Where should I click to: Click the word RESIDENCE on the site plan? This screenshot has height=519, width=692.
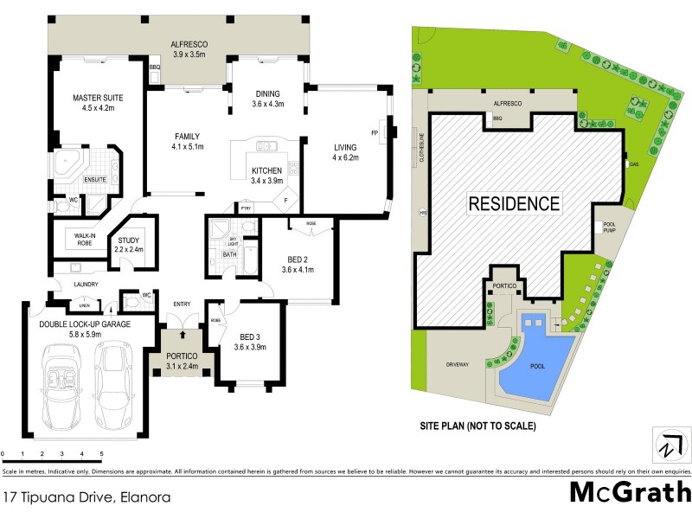tap(514, 204)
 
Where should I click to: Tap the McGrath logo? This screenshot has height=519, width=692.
tap(630, 492)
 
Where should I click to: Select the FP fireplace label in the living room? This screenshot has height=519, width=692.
tap(375, 132)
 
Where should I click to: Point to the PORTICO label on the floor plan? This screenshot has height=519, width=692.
tap(182, 356)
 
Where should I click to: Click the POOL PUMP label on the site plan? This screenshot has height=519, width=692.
tap(609, 227)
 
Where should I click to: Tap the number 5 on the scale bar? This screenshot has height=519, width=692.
tap(101, 454)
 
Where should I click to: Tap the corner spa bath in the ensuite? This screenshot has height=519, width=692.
tap(67, 164)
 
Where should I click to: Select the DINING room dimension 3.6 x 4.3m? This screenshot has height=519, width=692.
tap(267, 105)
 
